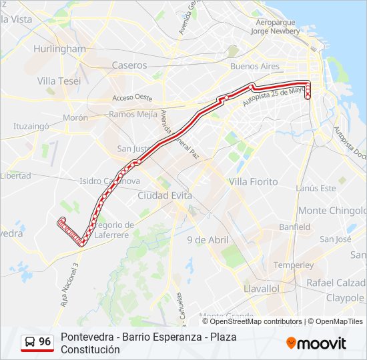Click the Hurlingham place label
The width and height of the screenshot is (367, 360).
(x=59, y=49)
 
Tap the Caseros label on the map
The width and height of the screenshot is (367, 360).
(x=129, y=65)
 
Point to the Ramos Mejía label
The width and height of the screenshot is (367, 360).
(x=133, y=114)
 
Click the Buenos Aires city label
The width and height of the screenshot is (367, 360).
(x=254, y=67)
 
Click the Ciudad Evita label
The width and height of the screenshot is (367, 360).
(x=164, y=195)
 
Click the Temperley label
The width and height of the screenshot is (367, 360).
(x=293, y=265)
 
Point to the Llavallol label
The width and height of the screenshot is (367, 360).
(x=262, y=289)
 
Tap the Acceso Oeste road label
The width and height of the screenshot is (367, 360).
(x=133, y=97)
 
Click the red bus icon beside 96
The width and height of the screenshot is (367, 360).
(x=29, y=343)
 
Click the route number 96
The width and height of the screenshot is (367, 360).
(x=45, y=342)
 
